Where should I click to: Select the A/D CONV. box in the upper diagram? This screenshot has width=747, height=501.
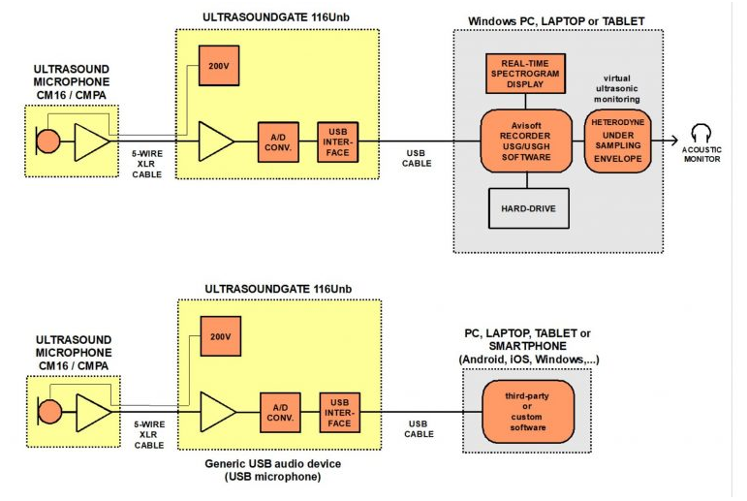click(278, 141)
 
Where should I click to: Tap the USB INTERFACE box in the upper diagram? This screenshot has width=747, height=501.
click(338, 141)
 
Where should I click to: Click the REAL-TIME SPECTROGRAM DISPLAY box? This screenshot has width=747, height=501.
click(525, 74)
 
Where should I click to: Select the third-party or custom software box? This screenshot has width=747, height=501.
click(526, 412)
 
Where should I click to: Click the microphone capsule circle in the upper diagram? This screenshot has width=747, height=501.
click(47, 141)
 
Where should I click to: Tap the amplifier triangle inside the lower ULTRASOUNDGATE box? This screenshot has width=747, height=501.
click(214, 413)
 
